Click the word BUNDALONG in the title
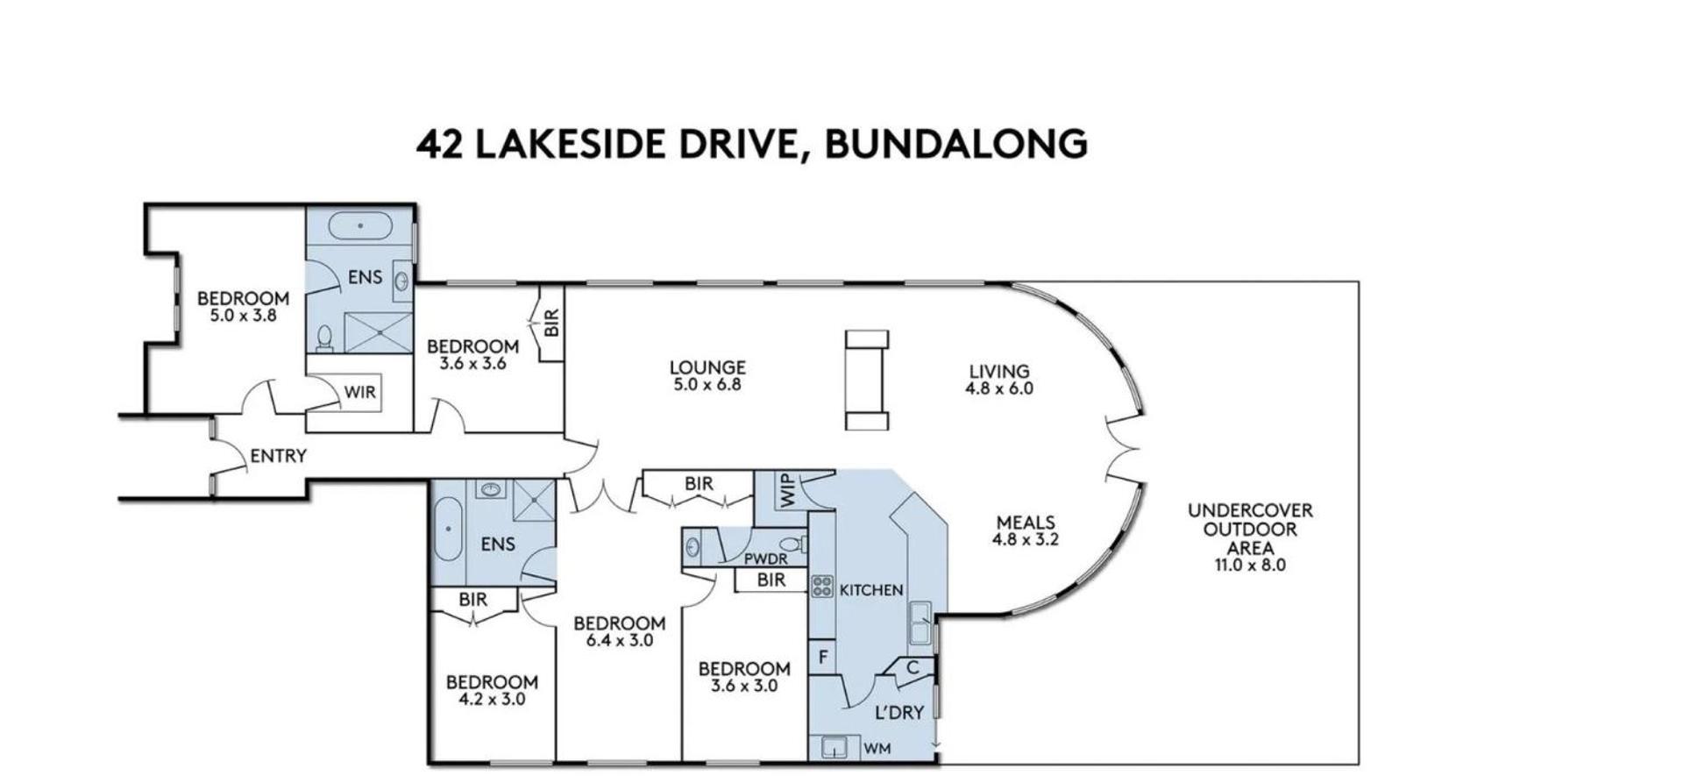pyautogui.click(x=956, y=144)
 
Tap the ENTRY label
pyautogui.click(x=278, y=456)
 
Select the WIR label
pyautogui.click(x=359, y=392)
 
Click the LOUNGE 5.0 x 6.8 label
pyautogui.click(x=707, y=375)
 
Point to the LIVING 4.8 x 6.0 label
pyautogui.click(x=999, y=379)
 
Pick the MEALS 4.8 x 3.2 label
pyautogui.click(x=1026, y=530)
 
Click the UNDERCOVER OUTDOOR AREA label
pyautogui.click(x=1250, y=537)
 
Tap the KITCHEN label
pyautogui.click(x=871, y=590)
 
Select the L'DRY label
pyautogui.click(x=899, y=712)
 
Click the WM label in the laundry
pyautogui.click(x=877, y=749)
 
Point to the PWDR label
pyautogui.click(x=766, y=559)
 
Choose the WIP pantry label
pyautogui.click(x=786, y=490)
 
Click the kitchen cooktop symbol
pyautogui.click(x=821, y=586)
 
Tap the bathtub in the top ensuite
pyautogui.click(x=359, y=225)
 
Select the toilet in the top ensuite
pyautogui.click(x=324, y=338)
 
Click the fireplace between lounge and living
pyautogui.click(x=867, y=380)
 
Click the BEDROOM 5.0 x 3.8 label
pyautogui.click(x=243, y=307)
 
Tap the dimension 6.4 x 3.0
pyautogui.click(x=620, y=640)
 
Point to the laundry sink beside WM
pyautogui.click(x=834, y=748)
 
